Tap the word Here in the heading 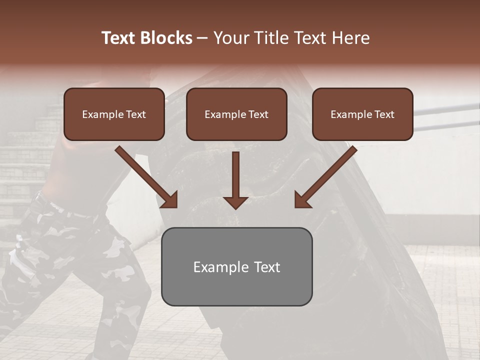[x=350, y=38]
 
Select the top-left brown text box [x=114, y=114]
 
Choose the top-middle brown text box [x=236, y=114]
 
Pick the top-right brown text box [x=362, y=114]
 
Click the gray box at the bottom [x=236, y=266]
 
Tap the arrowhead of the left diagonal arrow [x=170, y=199]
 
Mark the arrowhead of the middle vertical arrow [x=235, y=202]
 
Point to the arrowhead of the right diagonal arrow [x=302, y=199]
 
